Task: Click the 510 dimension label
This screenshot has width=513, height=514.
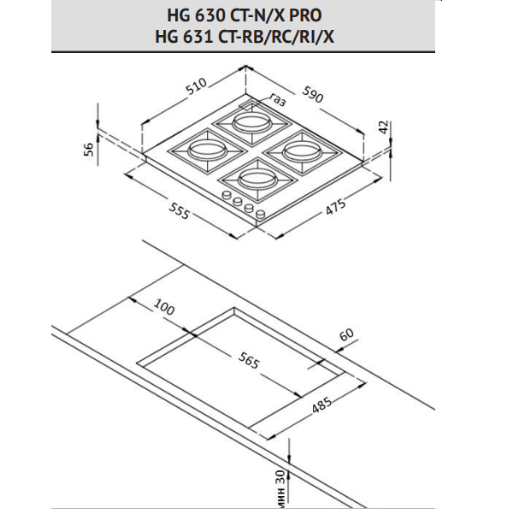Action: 196,86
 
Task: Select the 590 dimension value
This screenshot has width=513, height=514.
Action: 312,94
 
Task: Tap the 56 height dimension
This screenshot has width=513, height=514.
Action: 89,150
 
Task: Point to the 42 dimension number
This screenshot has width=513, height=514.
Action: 383,127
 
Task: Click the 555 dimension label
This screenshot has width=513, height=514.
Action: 179,210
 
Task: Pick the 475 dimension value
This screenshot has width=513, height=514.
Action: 335,207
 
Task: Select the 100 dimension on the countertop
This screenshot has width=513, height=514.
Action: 164,307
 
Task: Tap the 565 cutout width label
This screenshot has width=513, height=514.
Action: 249,360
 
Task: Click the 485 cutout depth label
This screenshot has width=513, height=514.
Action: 321,405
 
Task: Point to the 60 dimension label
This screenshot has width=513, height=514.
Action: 346,334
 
